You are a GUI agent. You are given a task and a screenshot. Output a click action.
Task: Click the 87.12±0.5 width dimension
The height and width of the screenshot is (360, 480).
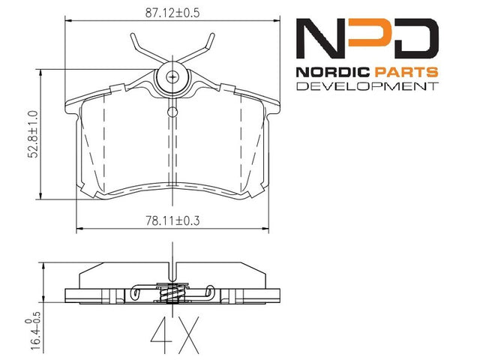[172, 13]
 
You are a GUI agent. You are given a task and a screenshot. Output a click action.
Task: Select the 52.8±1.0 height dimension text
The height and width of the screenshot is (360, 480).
[33, 134]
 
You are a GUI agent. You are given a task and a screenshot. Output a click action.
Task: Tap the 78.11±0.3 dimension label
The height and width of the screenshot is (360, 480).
[172, 220]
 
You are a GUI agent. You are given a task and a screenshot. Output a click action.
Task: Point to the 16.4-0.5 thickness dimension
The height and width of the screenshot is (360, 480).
[33, 331]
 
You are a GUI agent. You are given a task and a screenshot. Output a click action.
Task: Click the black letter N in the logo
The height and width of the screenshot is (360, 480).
[322, 38]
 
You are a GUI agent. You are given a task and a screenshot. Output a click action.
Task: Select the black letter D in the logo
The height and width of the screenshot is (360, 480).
[412, 38]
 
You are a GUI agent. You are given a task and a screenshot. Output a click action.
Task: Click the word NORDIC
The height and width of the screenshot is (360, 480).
[333, 72]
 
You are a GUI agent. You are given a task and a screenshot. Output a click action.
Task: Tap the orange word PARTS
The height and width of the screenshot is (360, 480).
[406, 72]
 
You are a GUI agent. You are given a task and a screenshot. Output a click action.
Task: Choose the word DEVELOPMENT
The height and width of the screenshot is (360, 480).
[367, 86]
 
